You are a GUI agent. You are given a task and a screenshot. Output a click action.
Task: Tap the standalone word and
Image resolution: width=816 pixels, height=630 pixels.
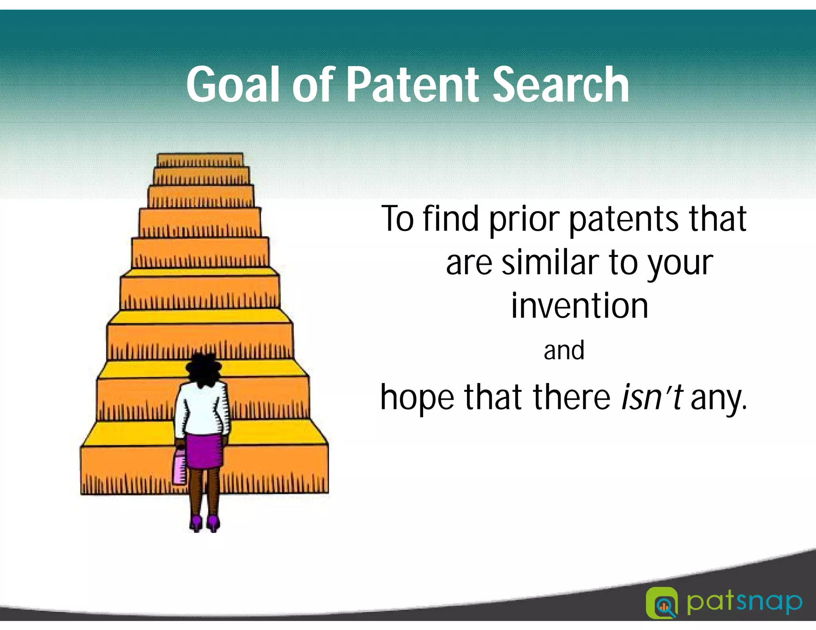tap(564, 350)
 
